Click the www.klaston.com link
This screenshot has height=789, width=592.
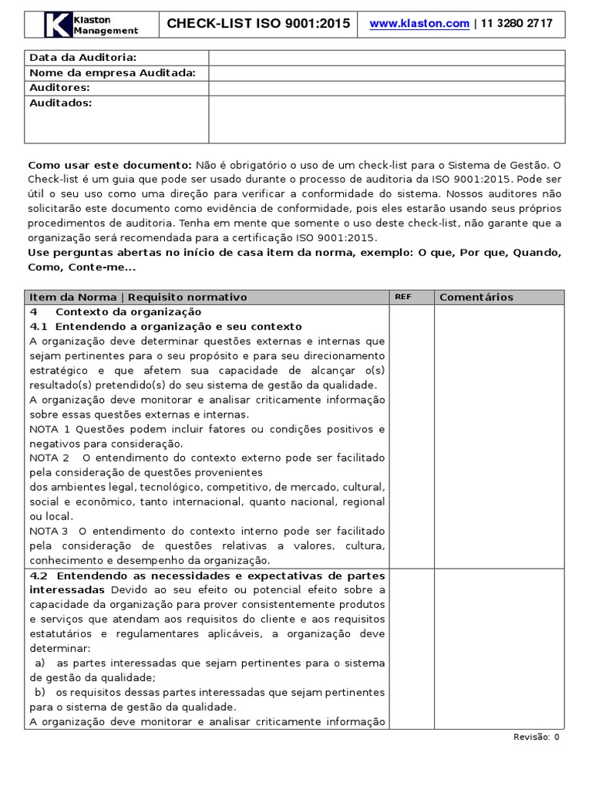(x=419, y=24)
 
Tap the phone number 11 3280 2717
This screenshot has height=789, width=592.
(x=516, y=24)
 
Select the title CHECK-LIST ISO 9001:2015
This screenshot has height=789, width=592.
(x=258, y=24)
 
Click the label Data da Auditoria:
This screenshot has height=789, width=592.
(x=83, y=58)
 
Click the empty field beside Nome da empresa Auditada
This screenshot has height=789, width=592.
(x=386, y=73)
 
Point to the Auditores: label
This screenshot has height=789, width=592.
(x=59, y=88)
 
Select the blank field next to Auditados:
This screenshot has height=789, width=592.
(x=386, y=119)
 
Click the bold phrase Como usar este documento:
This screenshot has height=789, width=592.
(x=109, y=165)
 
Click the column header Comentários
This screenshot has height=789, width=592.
(x=476, y=297)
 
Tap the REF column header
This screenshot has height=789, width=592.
(x=403, y=297)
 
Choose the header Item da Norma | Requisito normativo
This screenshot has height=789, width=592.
(x=138, y=297)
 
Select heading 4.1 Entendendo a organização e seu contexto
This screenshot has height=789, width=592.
(x=166, y=327)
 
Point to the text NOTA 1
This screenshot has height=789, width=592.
(x=50, y=429)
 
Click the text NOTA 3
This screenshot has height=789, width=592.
(x=50, y=532)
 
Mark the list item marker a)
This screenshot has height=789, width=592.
(x=40, y=663)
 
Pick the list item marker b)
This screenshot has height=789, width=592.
(x=40, y=693)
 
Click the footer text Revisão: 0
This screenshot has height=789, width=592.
(x=536, y=737)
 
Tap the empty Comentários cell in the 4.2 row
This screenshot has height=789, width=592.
(x=499, y=649)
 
